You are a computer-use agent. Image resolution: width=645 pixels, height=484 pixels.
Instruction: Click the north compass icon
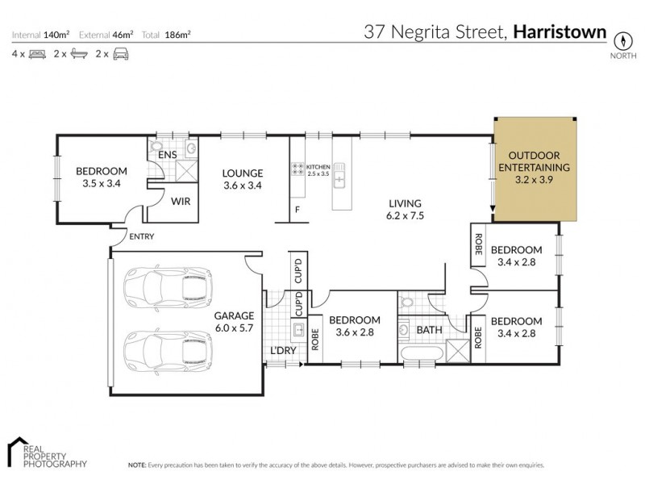(622, 40)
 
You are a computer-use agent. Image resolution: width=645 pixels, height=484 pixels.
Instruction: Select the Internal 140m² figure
(41, 35)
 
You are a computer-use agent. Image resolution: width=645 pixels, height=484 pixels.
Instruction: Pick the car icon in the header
(121, 54)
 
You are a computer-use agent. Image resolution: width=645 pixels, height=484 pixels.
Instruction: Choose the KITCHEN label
(319, 165)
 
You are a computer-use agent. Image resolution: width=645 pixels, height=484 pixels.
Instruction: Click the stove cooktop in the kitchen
(298, 169)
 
